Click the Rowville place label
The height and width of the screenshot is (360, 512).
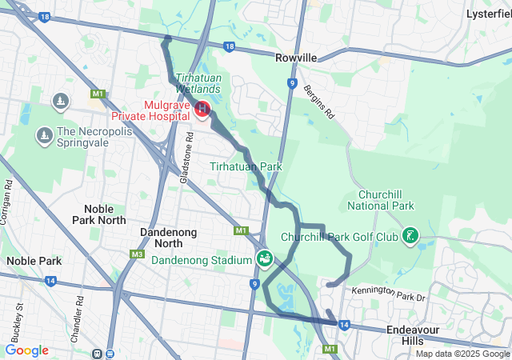pos(296,58)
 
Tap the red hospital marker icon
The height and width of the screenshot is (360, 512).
pos(202,108)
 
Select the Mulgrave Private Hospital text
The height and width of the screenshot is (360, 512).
pos(166,111)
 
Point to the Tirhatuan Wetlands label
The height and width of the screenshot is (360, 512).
pos(198,83)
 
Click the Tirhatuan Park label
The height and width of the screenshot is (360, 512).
pos(246,166)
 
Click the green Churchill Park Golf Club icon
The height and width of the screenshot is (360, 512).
pos(410,235)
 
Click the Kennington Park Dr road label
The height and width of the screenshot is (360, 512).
pos(390,292)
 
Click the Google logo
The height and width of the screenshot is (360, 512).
pos(26,350)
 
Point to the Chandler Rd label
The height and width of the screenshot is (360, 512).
pos(81,312)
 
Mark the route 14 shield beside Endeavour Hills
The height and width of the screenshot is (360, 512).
pos(344,325)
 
